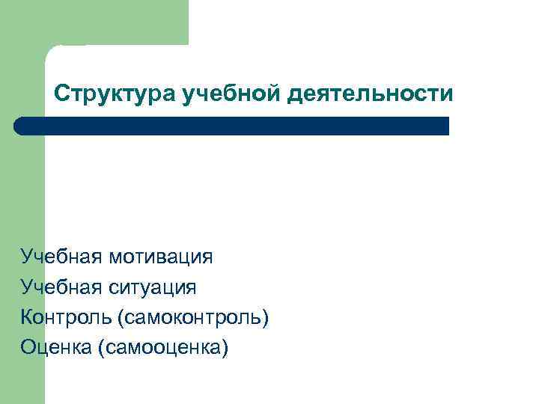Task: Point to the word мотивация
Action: point(160,257)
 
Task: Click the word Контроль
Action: point(65,317)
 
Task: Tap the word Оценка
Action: point(56,347)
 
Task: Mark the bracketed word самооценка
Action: point(162,347)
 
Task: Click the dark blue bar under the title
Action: point(232,126)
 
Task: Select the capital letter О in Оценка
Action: point(28,347)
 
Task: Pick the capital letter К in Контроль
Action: point(27,317)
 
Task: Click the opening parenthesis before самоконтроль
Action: point(120,318)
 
